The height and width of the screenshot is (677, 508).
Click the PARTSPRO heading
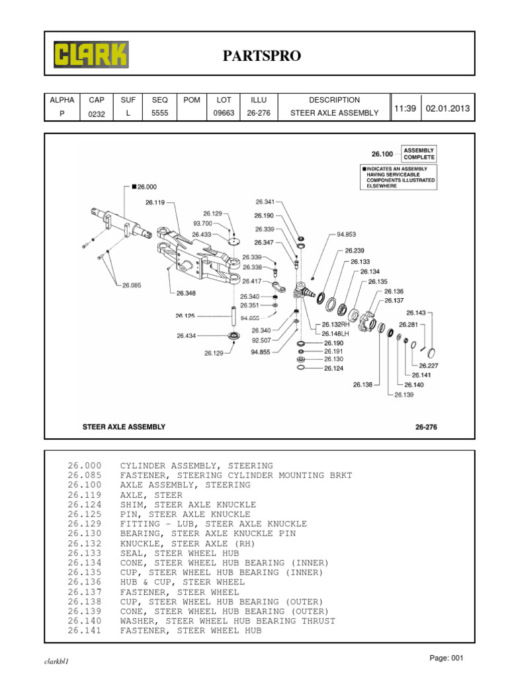(x=261, y=57)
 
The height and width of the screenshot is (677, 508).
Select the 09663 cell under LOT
(x=224, y=113)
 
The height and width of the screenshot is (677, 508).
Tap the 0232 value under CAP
(x=97, y=114)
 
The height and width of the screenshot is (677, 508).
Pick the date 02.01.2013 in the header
(x=448, y=108)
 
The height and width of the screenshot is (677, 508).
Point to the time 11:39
(x=405, y=108)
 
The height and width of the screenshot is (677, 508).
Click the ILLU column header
(x=257, y=100)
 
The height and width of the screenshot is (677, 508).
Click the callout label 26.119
(x=155, y=202)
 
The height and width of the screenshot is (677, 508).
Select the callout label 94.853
(x=346, y=234)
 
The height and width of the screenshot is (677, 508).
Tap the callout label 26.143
(x=416, y=313)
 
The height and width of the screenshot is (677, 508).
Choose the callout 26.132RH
(x=335, y=325)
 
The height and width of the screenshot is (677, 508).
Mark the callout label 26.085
(x=132, y=286)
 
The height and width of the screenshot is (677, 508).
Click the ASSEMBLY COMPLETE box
(x=419, y=154)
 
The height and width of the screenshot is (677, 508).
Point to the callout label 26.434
(x=187, y=336)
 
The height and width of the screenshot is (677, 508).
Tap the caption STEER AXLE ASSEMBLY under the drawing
(x=124, y=427)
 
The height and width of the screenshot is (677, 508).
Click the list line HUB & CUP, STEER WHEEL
(x=182, y=582)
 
